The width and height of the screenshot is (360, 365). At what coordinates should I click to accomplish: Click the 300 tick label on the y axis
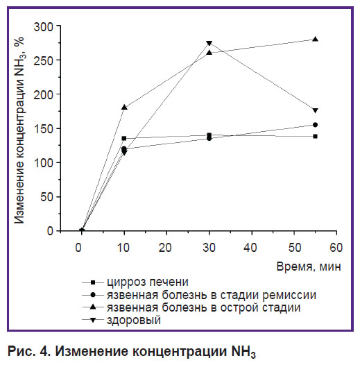pos(44,27)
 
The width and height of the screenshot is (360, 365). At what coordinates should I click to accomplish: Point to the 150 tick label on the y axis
pos(44,129)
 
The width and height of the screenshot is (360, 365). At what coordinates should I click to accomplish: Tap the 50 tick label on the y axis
pos(47,197)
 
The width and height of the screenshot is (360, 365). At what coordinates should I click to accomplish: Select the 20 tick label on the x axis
pos(165,248)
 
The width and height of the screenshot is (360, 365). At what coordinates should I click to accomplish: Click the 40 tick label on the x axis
pos(250,248)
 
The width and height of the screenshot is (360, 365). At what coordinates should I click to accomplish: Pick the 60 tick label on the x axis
pos(336,248)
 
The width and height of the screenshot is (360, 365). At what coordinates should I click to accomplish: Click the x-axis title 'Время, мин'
pos(309,266)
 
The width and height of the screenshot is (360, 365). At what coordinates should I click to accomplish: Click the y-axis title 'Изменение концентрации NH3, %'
pos(19,130)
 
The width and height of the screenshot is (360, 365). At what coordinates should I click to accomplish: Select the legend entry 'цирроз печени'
pos(135,282)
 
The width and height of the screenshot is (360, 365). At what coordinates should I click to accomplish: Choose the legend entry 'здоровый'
pos(121,320)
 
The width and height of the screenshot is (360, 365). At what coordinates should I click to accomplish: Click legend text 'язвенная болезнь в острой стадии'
pos(191,307)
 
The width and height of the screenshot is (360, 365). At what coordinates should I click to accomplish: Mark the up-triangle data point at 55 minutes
pos(316,39)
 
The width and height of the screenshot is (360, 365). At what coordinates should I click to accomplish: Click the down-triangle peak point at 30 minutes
pos(209,44)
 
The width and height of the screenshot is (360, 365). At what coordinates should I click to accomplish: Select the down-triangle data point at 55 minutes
pos(316,110)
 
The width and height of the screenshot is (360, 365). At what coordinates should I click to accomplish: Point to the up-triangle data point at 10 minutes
pos(124,108)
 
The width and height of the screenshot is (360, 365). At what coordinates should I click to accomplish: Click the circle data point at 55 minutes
pos(316,125)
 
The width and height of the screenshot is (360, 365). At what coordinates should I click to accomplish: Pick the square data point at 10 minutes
pos(124,139)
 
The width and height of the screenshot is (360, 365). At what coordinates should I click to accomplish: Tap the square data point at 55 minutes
pos(316,137)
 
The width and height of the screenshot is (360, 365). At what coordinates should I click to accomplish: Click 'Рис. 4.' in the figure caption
pos(29,351)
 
